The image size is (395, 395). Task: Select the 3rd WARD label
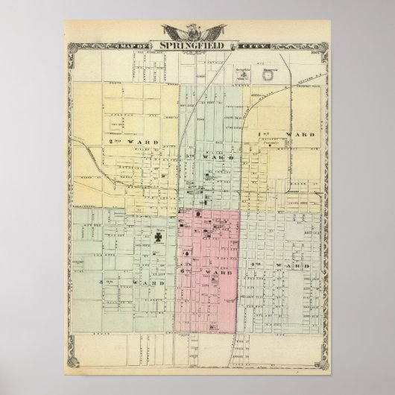118,283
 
